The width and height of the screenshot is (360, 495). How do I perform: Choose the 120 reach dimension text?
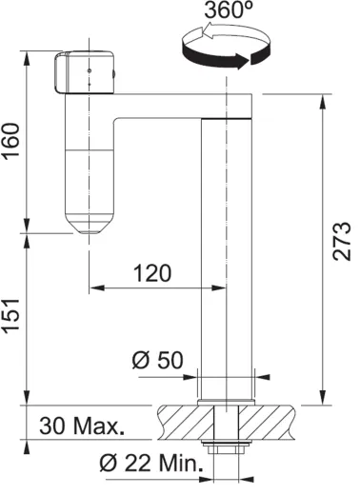pos(152,274)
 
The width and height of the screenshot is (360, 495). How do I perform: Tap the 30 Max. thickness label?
pos(82,426)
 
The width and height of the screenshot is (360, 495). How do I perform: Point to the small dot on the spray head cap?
pos(89,69)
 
